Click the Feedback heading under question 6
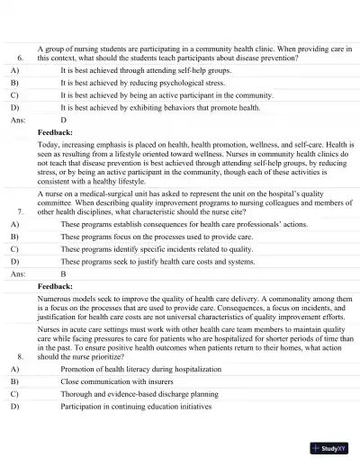click(56, 131)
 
